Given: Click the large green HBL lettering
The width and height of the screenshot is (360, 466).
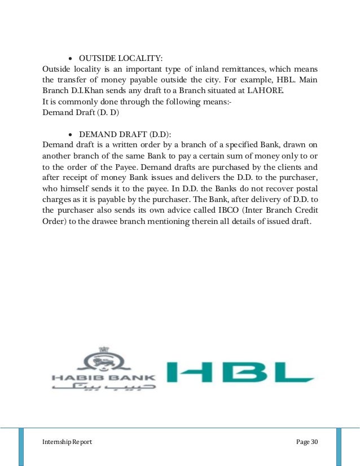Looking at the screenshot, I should coord(240,373).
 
